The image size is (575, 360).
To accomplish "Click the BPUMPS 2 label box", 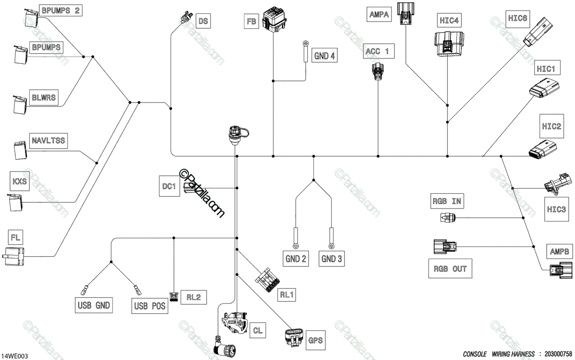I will point(60,10).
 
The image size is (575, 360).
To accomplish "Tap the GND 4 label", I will point(324,56).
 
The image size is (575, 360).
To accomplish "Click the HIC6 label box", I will point(517,19).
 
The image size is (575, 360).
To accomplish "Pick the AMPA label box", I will point(380,15).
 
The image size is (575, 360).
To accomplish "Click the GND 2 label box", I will point(296,259).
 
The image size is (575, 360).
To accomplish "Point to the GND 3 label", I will point(332,259).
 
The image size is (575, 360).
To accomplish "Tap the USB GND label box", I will point(93,305).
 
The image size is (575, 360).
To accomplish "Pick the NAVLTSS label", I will point(48,140).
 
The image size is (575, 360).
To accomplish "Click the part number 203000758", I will point(558,354).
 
